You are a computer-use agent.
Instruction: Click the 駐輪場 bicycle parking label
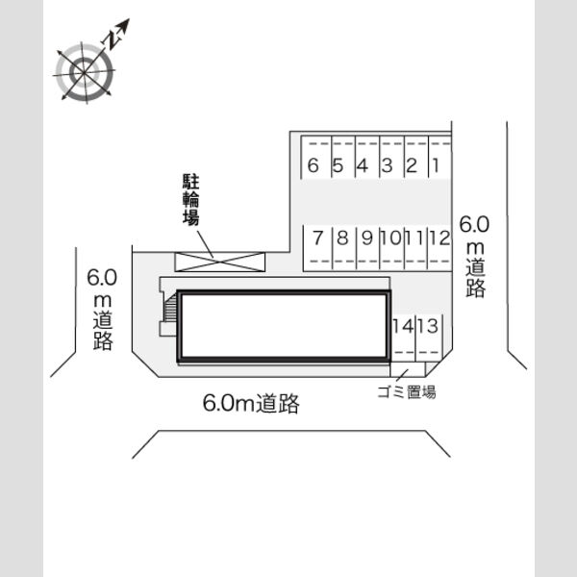pyautogui.click(x=191, y=199)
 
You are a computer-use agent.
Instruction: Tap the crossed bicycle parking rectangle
pyautogui.click(x=219, y=262)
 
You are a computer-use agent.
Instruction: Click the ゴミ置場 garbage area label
pyautogui.click(x=407, y=392)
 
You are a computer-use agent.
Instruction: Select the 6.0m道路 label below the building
pyautogui.click(x=251, y=403)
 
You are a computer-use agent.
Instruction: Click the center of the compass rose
pyautogui.click(x=85, y=72)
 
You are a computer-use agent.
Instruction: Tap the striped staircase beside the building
pyautogui.click(x=171, y=308)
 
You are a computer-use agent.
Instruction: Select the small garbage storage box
pyautogui.click(x=408, y=369)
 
